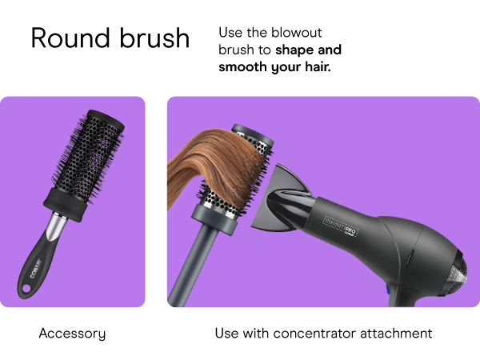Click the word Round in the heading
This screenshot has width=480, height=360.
click(x=64, y=38)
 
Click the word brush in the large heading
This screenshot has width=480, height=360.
click(x=150, y=38)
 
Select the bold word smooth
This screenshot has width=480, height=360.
click(x=242, y=68)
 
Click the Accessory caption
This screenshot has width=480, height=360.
click(x=72, y=333)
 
